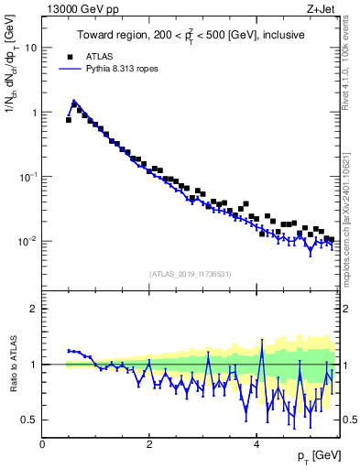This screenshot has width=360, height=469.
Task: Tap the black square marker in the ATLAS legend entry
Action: pyautogui.click(x=67, y=55)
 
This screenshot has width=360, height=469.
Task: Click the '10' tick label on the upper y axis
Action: pyautogui.click(x=31, y=47)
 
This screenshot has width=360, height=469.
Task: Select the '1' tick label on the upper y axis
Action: pyautogui.click(x=34, y=112)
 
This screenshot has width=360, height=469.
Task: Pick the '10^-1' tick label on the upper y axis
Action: pyautogui.click(x=28, y=176)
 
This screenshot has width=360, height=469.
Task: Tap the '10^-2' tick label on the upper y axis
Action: pyautogui.click(x=28, y=241)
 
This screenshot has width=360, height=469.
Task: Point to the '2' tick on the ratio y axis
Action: pyautogui.click(x=34, y=309)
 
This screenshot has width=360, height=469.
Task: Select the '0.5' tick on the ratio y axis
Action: pyautogui.click(x=29, y=420)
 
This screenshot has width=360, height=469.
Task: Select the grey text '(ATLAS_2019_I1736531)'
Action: pyautogui.click(x=191, y=274)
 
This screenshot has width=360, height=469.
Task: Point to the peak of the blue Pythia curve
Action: pyautogui.click(x=73, y=101)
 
